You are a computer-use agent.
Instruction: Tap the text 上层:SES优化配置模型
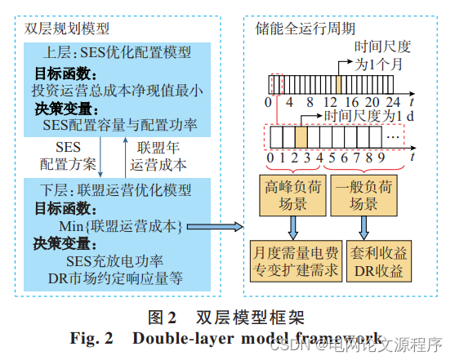coord(118,53)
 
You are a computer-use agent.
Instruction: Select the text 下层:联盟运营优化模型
coord(118,190)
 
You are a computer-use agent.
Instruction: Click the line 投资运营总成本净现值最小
coord(118,90)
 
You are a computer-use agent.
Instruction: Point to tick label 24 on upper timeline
coord(392,103)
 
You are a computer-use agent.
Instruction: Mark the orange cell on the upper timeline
coord(338,82)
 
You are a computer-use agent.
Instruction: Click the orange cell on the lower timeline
coord(301,134)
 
